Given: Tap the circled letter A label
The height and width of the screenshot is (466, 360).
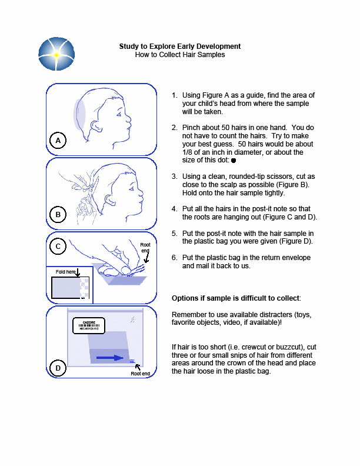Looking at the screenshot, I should [x=58, y=140].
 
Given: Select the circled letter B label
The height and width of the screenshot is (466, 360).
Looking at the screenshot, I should [x=58, y=215].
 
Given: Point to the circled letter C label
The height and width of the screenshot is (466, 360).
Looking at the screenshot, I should [x=58, y=247].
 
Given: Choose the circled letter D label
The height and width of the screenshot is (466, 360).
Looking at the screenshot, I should [x=58, y=368].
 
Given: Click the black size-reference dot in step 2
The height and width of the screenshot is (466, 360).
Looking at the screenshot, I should [x=234, y=160].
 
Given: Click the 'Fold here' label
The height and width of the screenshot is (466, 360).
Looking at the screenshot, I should [x=66, y=272].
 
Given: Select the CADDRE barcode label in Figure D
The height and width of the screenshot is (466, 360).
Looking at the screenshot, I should [x=89, y=325].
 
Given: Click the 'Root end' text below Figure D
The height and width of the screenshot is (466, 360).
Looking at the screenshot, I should [x=140, y=374].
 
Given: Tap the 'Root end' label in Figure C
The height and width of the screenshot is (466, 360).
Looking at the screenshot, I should [x=145, y=248].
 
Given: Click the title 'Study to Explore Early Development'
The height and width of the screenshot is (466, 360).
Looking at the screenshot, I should [x=179, y=46].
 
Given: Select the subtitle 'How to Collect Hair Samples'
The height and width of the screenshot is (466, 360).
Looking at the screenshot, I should [x=179, y=55].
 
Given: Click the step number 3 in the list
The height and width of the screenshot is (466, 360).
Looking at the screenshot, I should [x=174, y=176].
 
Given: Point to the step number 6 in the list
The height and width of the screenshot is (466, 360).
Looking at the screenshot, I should [x=174, y=258].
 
